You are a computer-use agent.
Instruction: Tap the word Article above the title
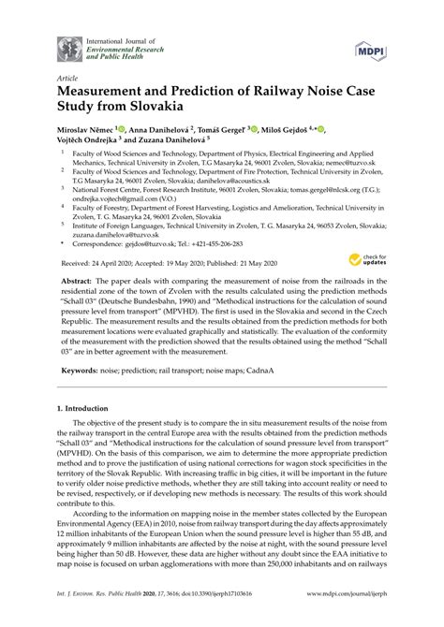[67, 79]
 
